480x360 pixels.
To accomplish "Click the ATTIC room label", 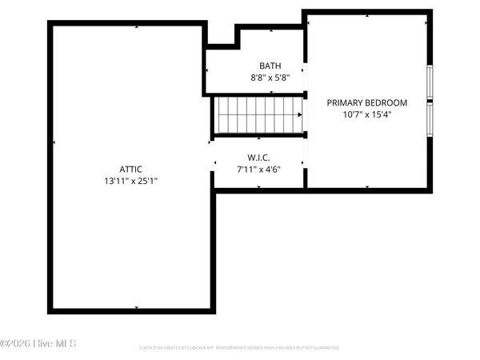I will tap(130, 169).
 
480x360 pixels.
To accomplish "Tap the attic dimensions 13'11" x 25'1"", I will tap(130, 181).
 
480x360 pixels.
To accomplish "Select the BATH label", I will tap(270, 66).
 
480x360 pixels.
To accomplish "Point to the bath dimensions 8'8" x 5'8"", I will tap(270, 78).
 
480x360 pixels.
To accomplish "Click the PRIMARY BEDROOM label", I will tap(367, 102).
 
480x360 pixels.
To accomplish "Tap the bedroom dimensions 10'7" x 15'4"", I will tap(367, 114).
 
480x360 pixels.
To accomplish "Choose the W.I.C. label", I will tap(258, 158).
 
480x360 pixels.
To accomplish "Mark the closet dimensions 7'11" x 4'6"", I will tap(258, 170).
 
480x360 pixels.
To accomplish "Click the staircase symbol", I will tap(258, 114).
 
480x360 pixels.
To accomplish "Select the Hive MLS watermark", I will tap(38, 344).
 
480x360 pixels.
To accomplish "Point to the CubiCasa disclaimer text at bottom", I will tap(239, 348).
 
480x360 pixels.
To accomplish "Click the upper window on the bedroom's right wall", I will tap(430, 81).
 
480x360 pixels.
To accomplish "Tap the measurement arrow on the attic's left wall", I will tap(54, 142).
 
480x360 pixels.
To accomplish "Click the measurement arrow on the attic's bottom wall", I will tap(137, 308).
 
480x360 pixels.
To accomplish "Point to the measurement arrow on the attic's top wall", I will tap(137, 26).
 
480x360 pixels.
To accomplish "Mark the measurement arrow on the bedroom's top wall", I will tap(367, 14).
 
